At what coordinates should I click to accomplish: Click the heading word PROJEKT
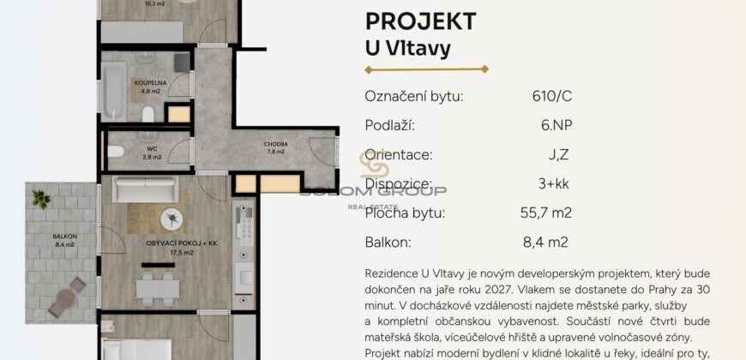420,21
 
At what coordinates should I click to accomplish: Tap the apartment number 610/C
551,96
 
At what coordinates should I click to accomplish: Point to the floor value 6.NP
556,125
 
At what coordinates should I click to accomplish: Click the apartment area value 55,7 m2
543,213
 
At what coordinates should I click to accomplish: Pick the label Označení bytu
413,96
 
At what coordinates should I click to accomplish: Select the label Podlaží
389,125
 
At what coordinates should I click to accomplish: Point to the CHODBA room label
276,144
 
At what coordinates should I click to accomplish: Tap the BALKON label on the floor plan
64,236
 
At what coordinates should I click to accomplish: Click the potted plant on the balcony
41,199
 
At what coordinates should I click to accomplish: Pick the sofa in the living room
146,187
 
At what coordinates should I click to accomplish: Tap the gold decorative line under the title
426,69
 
